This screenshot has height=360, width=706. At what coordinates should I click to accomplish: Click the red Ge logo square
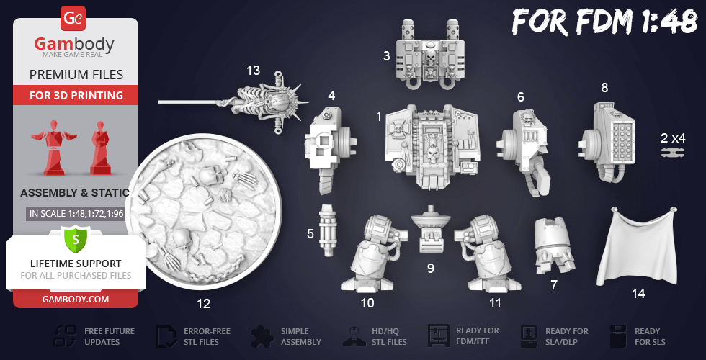tap(72, 18)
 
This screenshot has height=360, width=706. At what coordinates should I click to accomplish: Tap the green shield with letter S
tap(75, 239)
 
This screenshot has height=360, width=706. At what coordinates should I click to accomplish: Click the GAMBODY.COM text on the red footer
tap(76, 299)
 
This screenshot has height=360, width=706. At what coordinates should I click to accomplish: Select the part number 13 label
tap(253, 71)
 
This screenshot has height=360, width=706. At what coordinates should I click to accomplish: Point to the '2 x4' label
tap(673, 138)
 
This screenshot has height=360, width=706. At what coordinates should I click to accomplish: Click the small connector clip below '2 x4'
tap(673, 153)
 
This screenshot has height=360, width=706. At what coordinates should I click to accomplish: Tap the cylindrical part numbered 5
tap(328, 230)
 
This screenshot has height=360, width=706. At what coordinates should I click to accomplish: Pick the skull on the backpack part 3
tap(431, 58)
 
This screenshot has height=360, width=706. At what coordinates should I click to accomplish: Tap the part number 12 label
tap(203, 304)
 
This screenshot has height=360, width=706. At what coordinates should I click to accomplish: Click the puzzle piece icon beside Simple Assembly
tap(263, 337)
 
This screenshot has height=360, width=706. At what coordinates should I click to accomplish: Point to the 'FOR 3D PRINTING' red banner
tap(76, 95)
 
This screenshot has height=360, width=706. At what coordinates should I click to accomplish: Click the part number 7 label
tap(554, 284)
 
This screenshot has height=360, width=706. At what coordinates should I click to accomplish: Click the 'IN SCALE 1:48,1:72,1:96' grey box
tap(75, 214)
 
